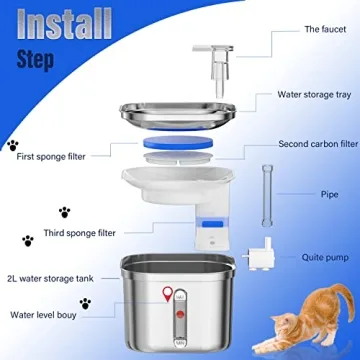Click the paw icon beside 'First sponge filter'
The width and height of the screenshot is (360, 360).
coord(12,145)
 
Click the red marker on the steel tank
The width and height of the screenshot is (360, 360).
coord(164,294)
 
